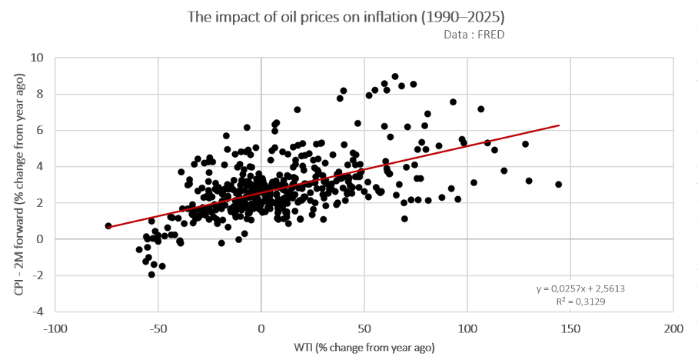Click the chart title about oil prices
[x=348, y=17]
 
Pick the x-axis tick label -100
[x=55, y=329]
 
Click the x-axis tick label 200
[x=673, y=329]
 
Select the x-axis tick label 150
[x=570, y=329]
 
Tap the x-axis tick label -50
[x=158, y=329]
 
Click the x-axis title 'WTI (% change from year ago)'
[x=363, y=347]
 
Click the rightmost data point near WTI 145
[x=558, y=184]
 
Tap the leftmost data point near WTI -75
[x=108, y=226]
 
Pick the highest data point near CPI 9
[x=395, y=76]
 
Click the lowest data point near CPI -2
[x=151, y=274]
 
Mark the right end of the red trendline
[x=559, y=125]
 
